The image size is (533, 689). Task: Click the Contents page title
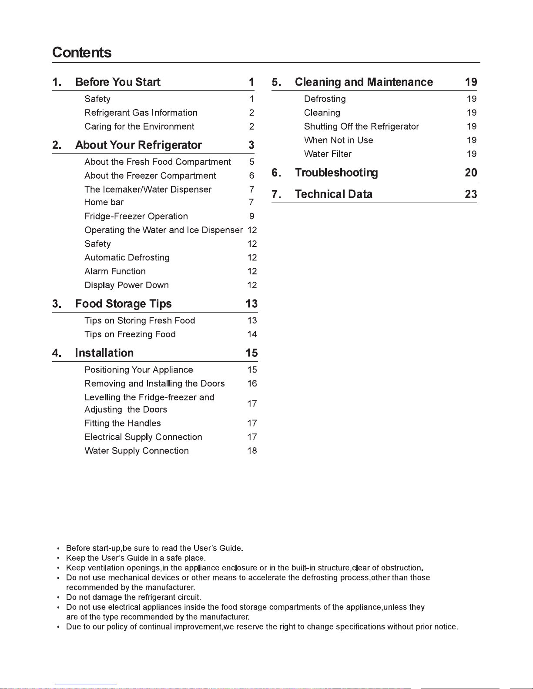click(82, 53)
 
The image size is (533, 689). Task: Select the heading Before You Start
click(117, 82)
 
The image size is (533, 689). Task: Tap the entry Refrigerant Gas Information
click(141, 113)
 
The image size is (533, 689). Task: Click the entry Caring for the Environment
click(139, 126)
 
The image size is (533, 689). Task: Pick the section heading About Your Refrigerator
click(138, 145)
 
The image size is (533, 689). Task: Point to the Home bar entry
click(104, 202)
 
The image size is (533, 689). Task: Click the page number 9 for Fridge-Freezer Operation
click(252, 216)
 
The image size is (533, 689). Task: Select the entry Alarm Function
click(115, 271)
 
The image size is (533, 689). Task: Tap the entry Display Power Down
click(127, 285)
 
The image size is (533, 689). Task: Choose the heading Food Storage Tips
click(123, 304)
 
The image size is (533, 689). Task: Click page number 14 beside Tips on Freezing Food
click(252, 334)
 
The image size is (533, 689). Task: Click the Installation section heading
click(104, 353)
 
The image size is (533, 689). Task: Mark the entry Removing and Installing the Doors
click(154, 383)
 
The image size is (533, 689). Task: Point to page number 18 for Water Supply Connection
click(252, 451)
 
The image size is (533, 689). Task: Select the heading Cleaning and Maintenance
click(364, 82)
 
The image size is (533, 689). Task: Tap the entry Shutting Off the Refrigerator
click(361, 126)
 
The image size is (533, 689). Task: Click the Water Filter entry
click(328, 154)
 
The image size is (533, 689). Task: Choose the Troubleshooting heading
click(336, 173)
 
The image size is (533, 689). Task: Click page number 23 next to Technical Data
click(471, 194)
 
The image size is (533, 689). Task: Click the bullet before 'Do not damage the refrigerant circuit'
click(58, 598)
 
